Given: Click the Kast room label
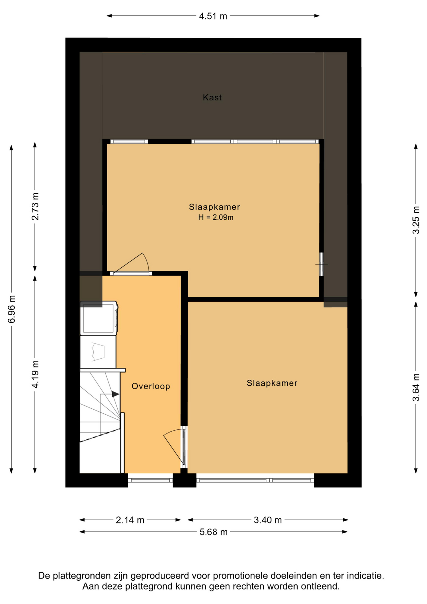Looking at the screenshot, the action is tap(212, 98).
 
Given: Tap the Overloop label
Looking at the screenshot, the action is tap(151, 386).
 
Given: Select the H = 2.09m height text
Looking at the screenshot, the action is tap(216, 217).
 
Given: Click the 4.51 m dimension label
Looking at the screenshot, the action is tap(213, 16).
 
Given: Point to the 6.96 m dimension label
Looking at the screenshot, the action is tap(12, 309).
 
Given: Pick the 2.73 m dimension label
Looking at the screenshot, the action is tap(35, 206).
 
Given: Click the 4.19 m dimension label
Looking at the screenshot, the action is tap(35, 374).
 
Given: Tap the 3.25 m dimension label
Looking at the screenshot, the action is tap(416, 220).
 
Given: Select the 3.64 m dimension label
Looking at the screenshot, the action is tap(416, 387).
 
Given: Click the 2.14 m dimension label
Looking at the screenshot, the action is tap(130, 520).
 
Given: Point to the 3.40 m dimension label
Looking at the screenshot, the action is tap(268, 520).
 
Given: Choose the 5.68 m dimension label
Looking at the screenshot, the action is tap(213, 532).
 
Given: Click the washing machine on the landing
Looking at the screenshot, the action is tap(99, 318).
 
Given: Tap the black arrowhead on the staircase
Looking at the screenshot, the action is tap(116, 394).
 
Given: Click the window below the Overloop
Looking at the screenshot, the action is tap(150, 480).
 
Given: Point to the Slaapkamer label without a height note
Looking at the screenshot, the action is tap(272, 383).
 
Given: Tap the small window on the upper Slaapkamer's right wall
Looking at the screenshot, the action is tap(321, 264).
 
